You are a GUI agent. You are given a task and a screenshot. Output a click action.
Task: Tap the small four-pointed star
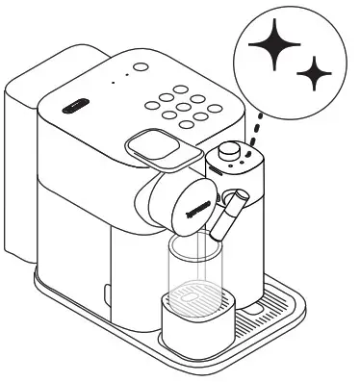(x=312, y=74)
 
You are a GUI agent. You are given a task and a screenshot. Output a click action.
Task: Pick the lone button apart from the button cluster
(x=138, y=67)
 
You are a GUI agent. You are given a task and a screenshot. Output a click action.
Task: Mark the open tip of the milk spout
(x=217, y=237)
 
